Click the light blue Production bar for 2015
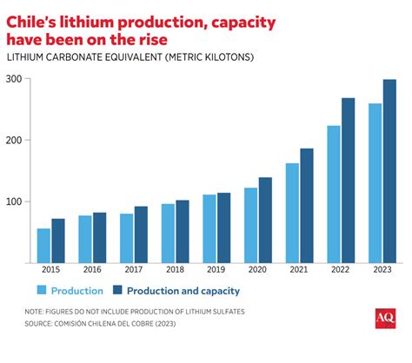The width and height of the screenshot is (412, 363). (43, 245)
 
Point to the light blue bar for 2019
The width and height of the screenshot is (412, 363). (209, 228)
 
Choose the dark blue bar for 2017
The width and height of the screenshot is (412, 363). (141, 234)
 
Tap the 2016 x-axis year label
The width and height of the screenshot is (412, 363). (91, 269)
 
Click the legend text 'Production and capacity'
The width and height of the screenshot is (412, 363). (185, 291)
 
